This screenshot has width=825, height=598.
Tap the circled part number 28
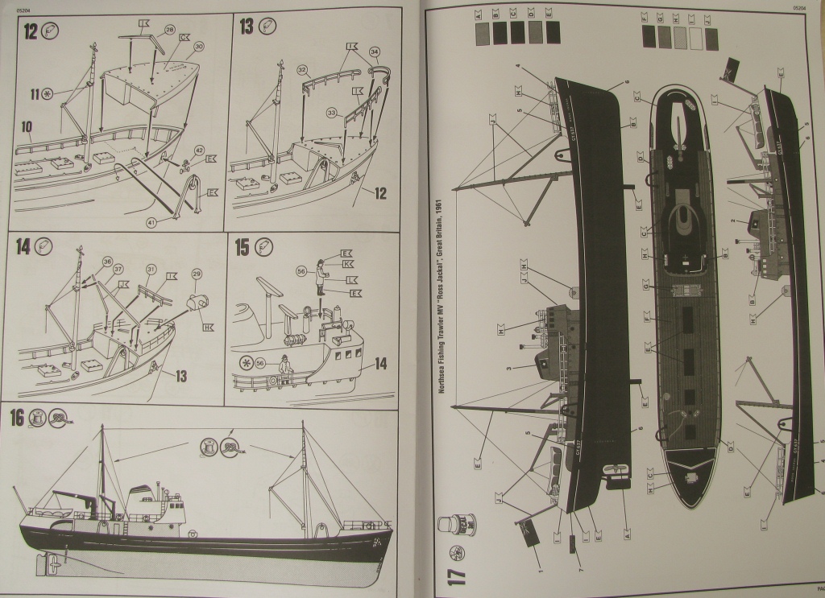(x=170, y=30)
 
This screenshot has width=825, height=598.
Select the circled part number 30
(x=198, y=47)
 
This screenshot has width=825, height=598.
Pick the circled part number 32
(x=304, y=71)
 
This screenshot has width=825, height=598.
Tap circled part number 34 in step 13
(x=374, y=52)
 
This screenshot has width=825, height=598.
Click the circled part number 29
(x=197, y=275)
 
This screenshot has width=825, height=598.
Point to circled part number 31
(x=150, y=269)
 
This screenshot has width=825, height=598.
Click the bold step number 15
(x=243, y=247)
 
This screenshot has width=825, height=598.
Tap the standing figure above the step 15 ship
(x=321, y=276)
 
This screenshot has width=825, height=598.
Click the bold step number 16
(x=17, y=418)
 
